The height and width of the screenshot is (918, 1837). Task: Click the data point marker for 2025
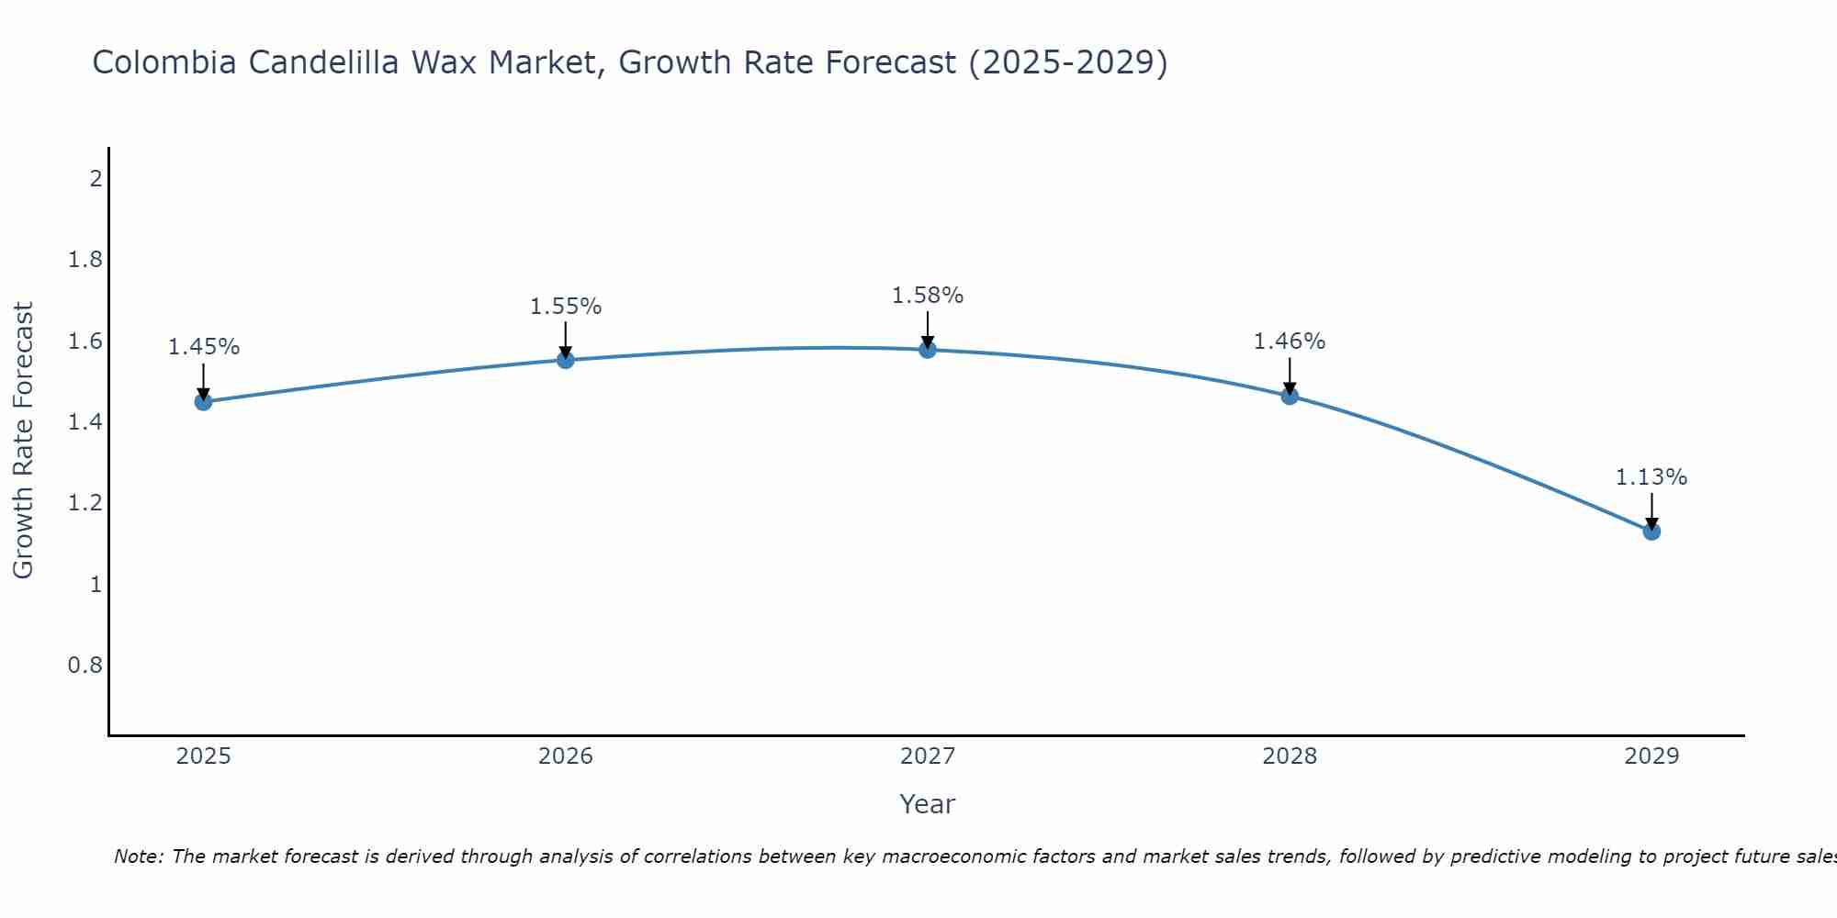[204, 402]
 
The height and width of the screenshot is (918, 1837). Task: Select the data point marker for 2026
[566, 360]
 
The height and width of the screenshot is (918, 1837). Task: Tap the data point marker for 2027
[928, 350]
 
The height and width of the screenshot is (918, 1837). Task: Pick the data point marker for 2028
[1290, 397]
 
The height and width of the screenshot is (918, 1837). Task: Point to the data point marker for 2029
[1651, 532]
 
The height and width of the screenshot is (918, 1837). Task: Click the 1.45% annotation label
[204, 347]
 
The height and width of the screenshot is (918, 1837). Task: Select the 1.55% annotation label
[566, 307]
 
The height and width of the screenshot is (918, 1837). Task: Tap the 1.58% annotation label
[928, 296]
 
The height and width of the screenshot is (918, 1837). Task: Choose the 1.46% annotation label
[1290, 341]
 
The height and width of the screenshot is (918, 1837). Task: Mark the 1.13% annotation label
[1651, 477]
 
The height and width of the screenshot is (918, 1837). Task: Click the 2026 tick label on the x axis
[566, 756]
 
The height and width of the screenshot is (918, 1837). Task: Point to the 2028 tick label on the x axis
[1290, 756]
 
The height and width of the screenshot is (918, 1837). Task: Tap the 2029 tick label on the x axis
[1651, 756]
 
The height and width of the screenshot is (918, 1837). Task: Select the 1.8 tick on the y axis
[85, 261]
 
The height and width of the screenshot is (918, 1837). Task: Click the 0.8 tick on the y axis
[85, 665]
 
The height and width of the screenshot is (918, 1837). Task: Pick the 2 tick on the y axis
[96, 179]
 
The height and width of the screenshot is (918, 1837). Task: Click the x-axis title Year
[928, 804]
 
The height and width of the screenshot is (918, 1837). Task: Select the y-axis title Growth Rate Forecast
[24, 441]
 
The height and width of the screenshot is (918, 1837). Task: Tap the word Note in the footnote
[137, 856]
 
